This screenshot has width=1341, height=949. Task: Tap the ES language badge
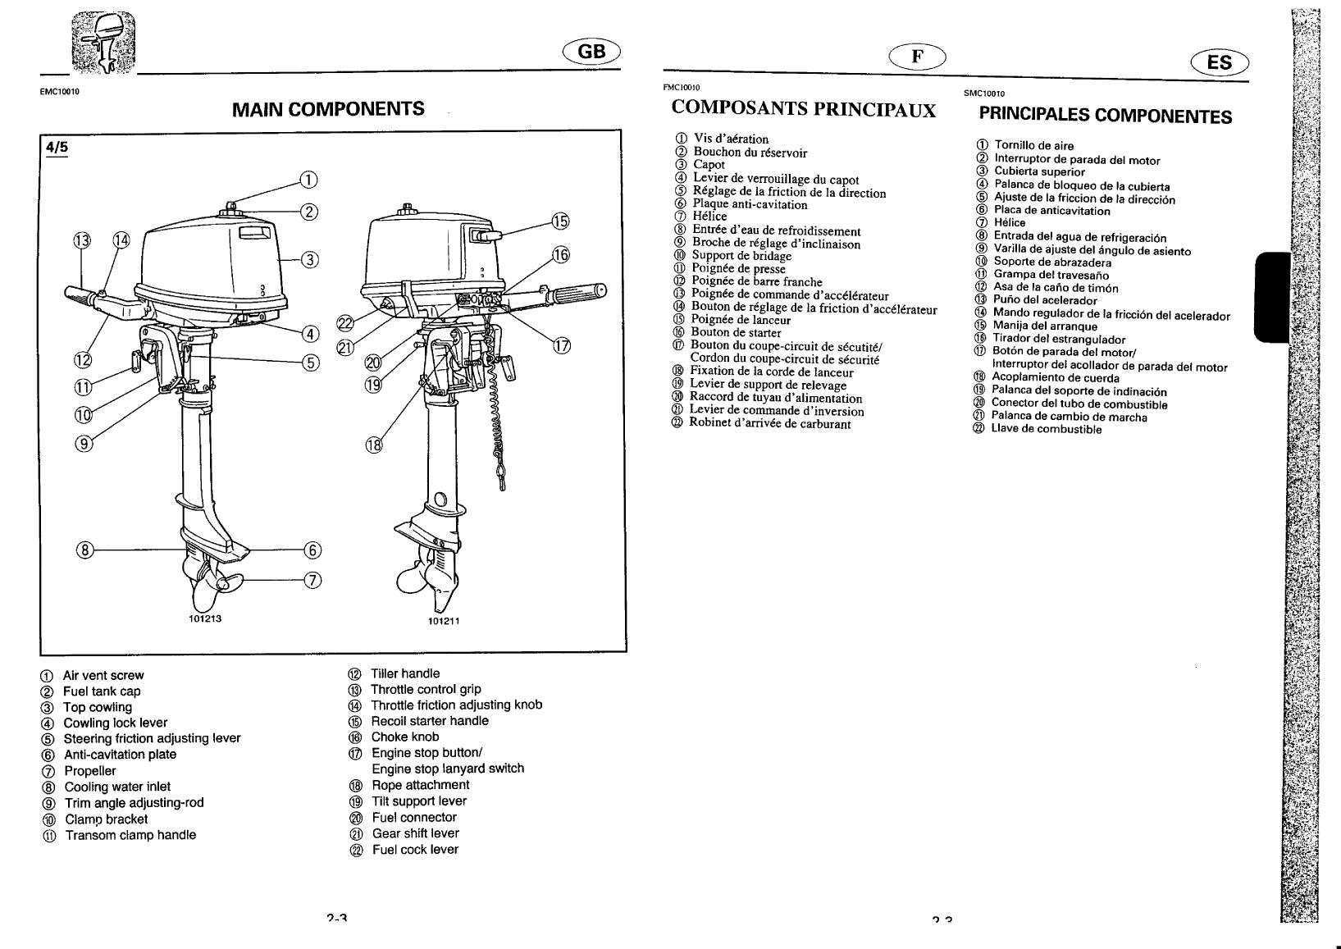point(1220,62)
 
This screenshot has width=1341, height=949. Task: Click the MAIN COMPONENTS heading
point(328,108)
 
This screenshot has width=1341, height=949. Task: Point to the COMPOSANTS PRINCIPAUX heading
point(803,110)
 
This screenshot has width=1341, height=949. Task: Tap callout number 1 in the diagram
point(307,180)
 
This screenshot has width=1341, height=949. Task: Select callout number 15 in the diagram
point(559,221)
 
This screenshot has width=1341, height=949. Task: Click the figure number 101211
point(444,621)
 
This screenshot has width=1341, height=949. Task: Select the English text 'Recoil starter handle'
point(429,721)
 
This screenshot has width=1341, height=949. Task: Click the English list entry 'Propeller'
point(89,771)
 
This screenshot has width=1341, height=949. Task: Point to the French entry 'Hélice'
point(709,217)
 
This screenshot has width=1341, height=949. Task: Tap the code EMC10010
point(58,92)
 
